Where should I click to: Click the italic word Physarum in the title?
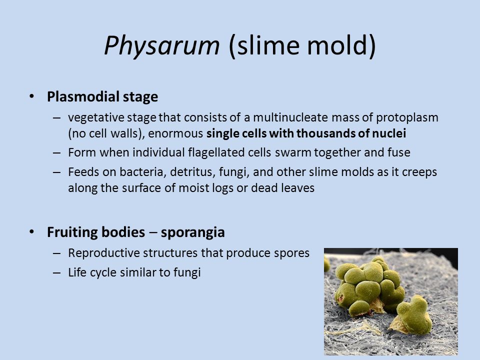point(162,46)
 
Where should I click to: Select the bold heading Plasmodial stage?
point(102,97)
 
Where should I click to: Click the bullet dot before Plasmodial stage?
point(32,96)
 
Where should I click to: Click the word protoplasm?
point(407,118)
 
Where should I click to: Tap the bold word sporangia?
point(193,232)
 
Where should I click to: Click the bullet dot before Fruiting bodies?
point(32,231)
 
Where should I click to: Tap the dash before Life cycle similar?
point(56,272)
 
